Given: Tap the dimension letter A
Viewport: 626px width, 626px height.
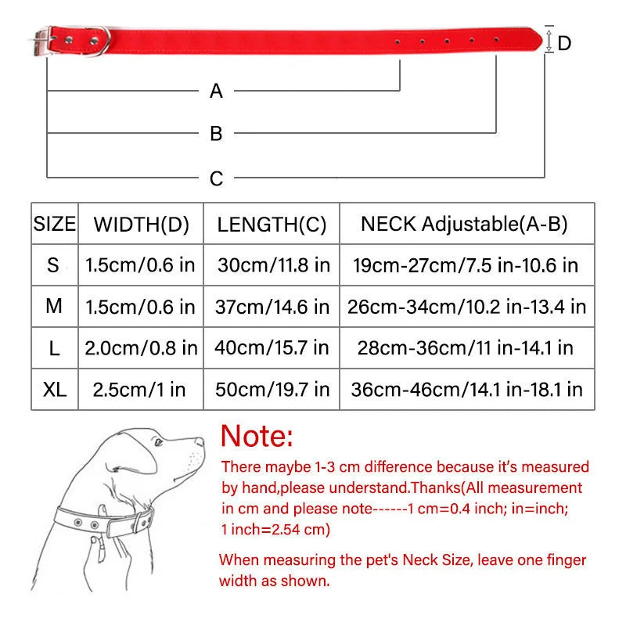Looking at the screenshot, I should pyautogui.click(x=217, y=92).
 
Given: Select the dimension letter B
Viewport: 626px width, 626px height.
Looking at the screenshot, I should pyautogui.click(x=217, y=134).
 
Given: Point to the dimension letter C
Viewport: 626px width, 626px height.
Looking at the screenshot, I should pyautogui.click(x=217, y=179).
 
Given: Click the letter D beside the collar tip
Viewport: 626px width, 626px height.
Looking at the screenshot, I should pyautogui.click(x=564, y=43).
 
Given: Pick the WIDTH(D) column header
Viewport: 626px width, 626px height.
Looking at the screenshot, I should pyautogui.click(x=142, y=225).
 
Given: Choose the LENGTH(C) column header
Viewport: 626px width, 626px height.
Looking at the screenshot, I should pyautogui.click(x=272, y=225).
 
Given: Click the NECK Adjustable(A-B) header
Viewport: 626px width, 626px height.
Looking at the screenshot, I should pyautogui.click(x=464, y=224).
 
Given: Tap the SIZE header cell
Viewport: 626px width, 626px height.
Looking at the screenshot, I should pyautogui.click(x=55, y=225).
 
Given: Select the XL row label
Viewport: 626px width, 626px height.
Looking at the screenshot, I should pyautogui.click(x=55, y=389).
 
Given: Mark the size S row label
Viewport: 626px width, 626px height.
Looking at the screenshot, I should pyautogui.click(x=53, y=265).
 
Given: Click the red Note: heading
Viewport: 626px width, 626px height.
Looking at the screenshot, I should pyautogui.click(x=257, y=435).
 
